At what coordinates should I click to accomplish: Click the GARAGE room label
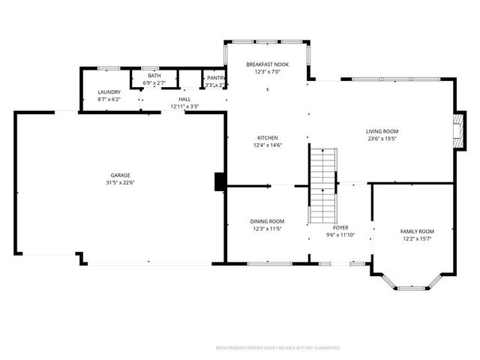[121, 175]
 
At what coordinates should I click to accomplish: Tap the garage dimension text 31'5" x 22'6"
[121, 183]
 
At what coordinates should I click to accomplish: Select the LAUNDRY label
[109, 91]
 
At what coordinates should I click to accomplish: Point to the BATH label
[154, 76]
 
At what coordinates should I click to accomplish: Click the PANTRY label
[216, 77]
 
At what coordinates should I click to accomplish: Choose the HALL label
[184, 99]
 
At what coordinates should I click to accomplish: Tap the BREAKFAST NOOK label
[268, 64]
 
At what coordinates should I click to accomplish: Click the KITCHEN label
[268, 138]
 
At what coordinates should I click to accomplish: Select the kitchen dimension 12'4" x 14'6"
[268, 145]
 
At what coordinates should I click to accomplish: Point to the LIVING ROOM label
[382, 130]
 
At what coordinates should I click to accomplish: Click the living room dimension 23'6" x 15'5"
[382, 138]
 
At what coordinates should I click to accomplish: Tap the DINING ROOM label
[267, 221]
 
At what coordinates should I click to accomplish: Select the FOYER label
[340, 227]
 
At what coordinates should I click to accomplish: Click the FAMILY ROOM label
[416, 231]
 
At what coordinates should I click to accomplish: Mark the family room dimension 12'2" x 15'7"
[416, 239]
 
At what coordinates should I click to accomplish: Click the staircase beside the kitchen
[322, 184]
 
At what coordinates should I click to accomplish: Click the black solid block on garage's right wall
[220, 181]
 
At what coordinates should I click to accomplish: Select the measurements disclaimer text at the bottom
[277, 348]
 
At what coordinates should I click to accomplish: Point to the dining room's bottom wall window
[268, 263]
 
